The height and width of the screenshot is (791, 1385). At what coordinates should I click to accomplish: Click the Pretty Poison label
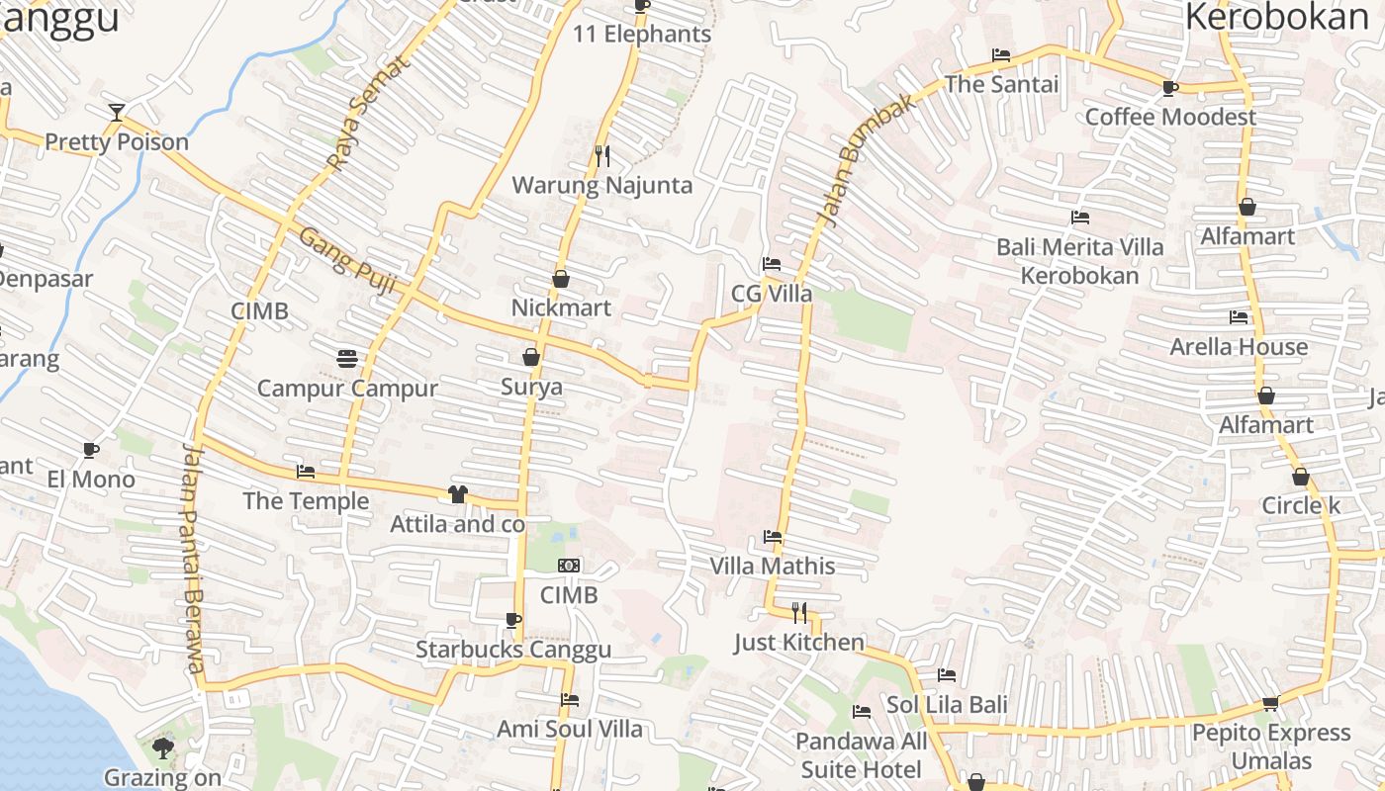117,142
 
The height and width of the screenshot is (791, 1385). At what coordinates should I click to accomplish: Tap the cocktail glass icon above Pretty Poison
117,112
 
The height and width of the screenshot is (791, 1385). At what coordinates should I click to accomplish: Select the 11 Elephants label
642,35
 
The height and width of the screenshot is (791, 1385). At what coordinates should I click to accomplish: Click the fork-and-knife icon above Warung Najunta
601,155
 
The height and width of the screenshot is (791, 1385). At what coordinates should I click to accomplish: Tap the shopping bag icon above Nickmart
561,279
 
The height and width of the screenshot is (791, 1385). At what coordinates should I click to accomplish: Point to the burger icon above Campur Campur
346,358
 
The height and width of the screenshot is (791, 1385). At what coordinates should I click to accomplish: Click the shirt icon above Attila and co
457,493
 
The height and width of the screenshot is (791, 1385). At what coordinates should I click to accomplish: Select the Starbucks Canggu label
512,650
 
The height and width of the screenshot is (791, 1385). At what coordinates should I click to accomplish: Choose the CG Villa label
772,294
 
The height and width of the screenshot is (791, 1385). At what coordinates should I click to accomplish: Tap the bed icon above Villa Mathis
773,537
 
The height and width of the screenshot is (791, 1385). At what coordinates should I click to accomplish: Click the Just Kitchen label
798,643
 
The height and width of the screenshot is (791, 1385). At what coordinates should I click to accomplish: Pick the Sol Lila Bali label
947,705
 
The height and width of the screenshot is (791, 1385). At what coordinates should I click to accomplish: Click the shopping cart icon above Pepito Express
1271,703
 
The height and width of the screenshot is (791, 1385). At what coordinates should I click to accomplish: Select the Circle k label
1300,506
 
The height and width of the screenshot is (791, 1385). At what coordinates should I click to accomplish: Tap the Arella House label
1239,347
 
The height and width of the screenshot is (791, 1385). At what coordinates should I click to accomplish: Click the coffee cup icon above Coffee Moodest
1170,88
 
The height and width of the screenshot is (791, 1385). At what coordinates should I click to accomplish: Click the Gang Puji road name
347,262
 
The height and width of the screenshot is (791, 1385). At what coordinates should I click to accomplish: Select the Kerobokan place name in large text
1275,18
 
